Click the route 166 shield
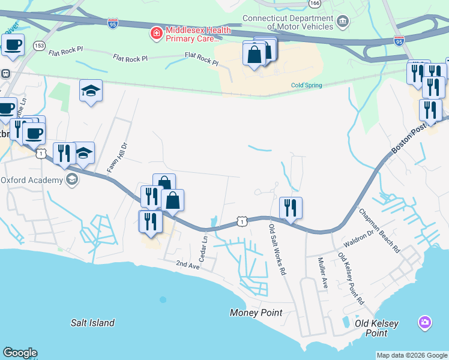pyautogui.click(x=315, y=3)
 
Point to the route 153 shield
pyautogui.click(x=40, y=45)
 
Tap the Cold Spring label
pyautogui.click(x=306, y=85)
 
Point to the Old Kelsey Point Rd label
pyautogui.click(x=351, y=277)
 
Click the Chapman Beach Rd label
pyautogui.click(x=379, y=231)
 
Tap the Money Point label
pyautogui.click(x=256, y=313)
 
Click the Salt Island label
pyautogui.click(x=92, y=323)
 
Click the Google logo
pyautogui.click(x=20, y=353)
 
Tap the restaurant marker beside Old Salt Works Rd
pyautogui.click(x=291, y=208)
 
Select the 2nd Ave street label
pyautogui.click(x=187, y=263)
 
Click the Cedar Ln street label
pyautogui.click(x=203, y=246)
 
